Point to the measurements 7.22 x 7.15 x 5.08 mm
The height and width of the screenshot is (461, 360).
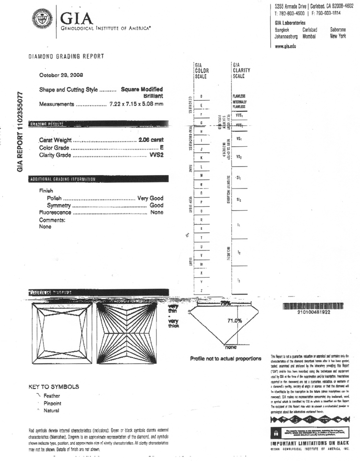[x=136, y=104]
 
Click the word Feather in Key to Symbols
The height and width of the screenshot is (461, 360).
[x=51, y=396]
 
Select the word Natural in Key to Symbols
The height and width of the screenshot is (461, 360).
[x=51, y=411]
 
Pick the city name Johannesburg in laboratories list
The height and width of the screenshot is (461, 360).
[x=287, y=36]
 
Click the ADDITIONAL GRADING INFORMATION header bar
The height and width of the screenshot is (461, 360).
[x=62, y=179]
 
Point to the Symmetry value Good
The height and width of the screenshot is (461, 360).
[x=156, y=205]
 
